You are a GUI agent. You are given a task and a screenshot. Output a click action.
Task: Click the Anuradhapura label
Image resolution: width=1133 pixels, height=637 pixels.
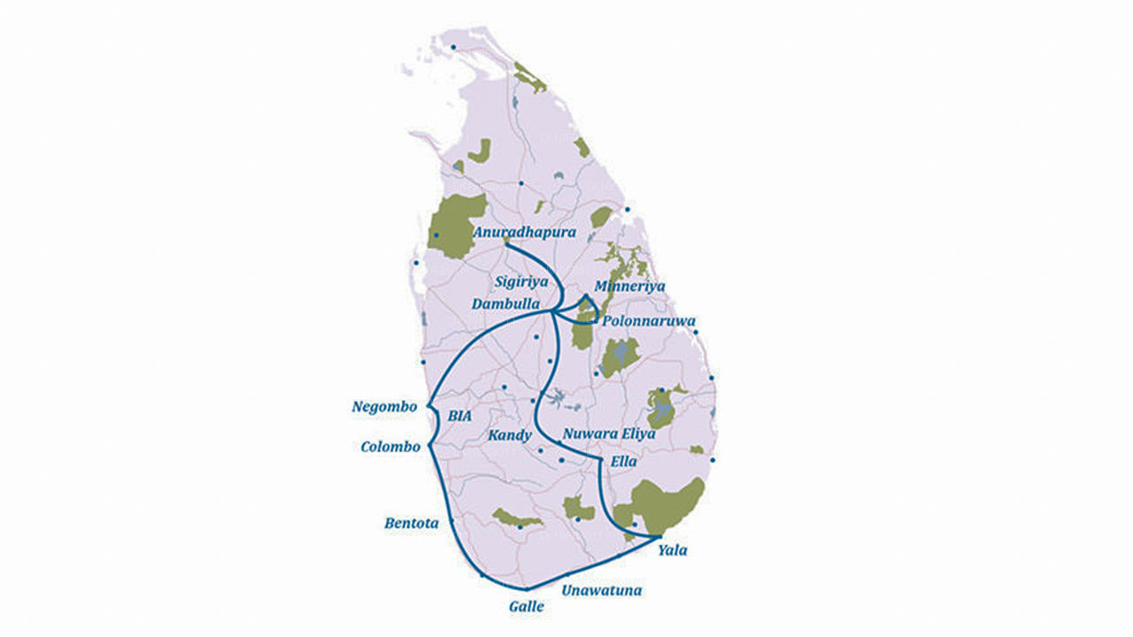(x=525, y=232)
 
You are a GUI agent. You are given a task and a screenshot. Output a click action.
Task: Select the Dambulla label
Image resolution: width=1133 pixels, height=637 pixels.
(x=508, y=303)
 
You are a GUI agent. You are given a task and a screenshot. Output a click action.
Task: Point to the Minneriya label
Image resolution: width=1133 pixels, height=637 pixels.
(x=629, y=287)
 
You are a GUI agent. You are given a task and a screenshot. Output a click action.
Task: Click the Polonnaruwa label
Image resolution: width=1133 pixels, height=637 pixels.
(x=648, y=320)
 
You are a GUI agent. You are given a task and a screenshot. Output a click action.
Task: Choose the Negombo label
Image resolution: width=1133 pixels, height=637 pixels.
(x=383, y=407)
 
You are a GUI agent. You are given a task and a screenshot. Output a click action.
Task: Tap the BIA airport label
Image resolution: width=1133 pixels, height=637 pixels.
(x=460, y=415)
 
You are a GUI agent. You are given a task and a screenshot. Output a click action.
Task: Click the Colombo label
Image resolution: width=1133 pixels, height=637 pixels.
(x=390, y=447)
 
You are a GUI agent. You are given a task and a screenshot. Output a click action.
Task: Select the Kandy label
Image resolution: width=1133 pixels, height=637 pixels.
(x=510, y=435)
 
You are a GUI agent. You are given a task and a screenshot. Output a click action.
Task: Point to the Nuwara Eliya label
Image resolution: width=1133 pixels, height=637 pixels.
(x=609, y=434)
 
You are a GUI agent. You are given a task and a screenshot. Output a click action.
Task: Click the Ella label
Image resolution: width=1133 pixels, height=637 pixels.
(x=623, y=462)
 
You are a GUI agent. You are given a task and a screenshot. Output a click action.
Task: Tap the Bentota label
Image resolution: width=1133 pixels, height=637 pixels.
(x=411, y=523)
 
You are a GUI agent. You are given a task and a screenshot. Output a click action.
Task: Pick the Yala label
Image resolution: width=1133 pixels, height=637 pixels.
(x=672, y=550)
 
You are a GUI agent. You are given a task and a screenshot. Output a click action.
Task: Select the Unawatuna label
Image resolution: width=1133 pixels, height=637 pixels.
(x=602, y=590)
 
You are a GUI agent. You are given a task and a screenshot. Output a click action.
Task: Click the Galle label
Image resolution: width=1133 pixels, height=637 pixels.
(x=526, y=607)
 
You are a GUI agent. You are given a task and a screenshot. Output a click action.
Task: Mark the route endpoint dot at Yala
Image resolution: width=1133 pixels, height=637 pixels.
(x=659, y=537)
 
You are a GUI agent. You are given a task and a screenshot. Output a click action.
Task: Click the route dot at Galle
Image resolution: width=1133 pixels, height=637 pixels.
(x=526, y=588)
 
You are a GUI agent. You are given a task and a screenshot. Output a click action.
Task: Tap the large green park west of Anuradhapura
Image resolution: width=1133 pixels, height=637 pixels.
(x=456, y=226)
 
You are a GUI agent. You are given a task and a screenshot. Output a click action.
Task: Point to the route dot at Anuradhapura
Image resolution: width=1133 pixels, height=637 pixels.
(x=505, y=242)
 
